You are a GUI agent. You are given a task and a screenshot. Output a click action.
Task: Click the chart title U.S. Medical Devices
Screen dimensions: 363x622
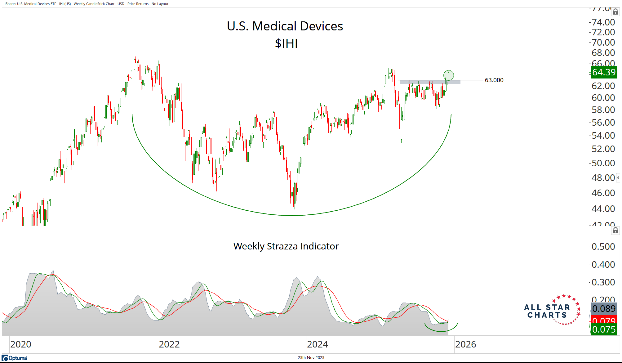pos(285,26)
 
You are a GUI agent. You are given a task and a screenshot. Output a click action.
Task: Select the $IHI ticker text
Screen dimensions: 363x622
pos(286,43)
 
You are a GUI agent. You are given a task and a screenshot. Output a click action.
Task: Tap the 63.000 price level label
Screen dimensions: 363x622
pos(494,80)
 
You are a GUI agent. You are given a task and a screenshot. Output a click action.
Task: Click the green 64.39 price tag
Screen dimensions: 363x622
pos(604,72)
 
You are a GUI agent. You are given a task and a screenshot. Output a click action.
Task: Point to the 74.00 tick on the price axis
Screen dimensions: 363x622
pos(603,22)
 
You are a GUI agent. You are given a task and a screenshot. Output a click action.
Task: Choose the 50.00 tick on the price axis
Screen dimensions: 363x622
pos(603,163)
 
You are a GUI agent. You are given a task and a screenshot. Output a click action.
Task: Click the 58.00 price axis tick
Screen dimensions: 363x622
pos(603,110)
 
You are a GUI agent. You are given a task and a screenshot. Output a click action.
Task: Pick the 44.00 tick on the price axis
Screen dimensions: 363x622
pos(603,209)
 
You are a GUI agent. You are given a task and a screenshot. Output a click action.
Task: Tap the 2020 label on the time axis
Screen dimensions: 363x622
pos(21,344)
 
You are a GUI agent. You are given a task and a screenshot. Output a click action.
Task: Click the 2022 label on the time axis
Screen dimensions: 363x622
pos(169,344)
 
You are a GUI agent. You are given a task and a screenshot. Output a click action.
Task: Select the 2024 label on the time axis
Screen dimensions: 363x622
pos(317,344)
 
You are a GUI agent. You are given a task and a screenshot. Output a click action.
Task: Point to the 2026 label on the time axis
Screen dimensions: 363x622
pos(465,344)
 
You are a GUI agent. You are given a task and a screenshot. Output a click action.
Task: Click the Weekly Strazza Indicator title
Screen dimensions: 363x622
pos(286,246)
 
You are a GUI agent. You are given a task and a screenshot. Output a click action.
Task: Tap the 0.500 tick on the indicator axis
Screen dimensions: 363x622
pos(603,247)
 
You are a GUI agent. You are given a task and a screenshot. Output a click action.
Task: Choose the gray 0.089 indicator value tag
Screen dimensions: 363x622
pos(604,309)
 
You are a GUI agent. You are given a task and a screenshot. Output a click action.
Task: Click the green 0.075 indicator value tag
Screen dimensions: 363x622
pos(604,329)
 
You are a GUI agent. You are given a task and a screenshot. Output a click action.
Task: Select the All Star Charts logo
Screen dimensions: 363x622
pos(552,310)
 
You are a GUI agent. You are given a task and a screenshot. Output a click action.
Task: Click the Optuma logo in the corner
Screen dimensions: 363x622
pos(15,358)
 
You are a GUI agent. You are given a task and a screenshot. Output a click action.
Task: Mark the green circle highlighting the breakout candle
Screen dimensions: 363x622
pos(448,75)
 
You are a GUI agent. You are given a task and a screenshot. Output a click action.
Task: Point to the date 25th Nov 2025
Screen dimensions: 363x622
pos(311,358)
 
